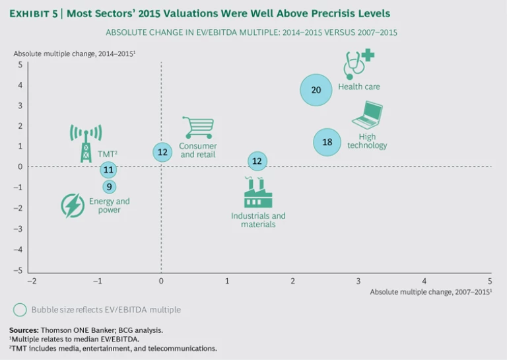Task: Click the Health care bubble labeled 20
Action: click(x=316, y=90)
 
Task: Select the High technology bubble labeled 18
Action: click(x=327, y=142)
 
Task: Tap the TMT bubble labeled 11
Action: click(x=108, y=170)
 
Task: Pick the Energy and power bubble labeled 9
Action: click(x=109, y=187)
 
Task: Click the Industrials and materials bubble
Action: click(x=257, y=161)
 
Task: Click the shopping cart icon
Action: click(x=198, y=127)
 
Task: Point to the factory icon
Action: click(x=257, y=193)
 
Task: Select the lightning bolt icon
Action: click(x=72, y=205)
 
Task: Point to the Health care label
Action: click(x=359, y=87)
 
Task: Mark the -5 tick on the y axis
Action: click(x=20, y=271)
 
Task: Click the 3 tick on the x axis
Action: click(x=358, y=281)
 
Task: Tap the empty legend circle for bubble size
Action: click(x=20, y=309)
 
